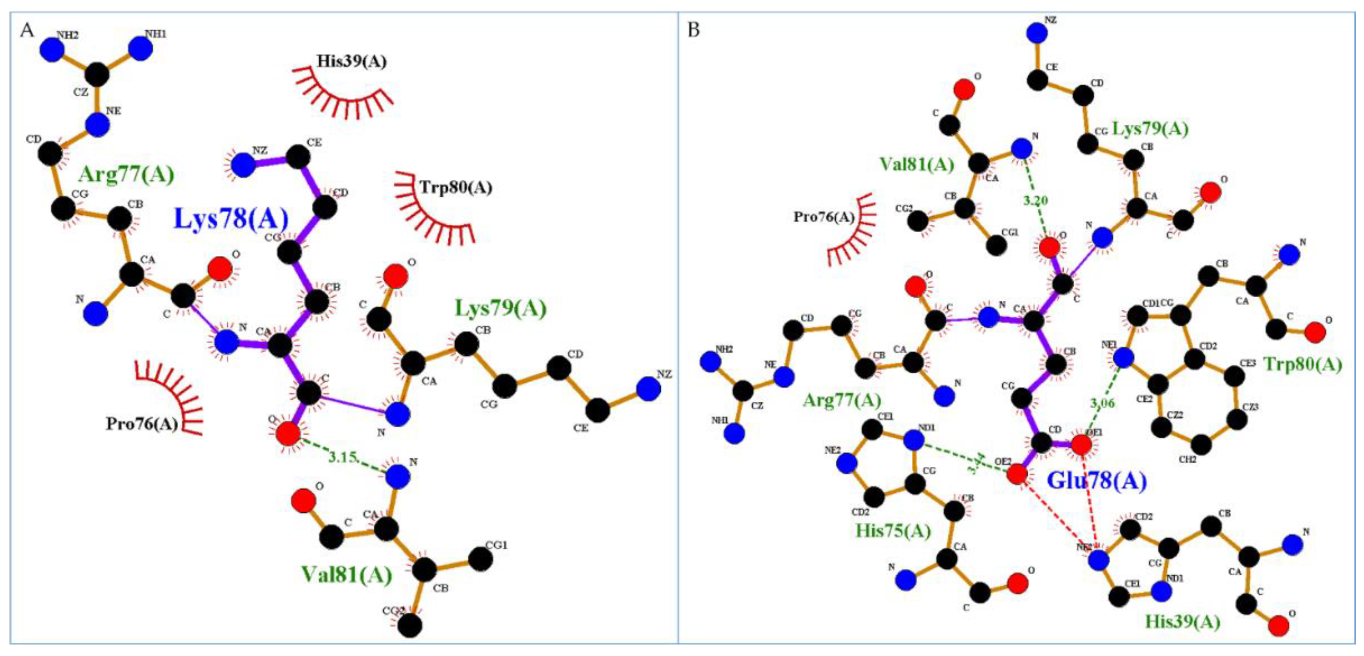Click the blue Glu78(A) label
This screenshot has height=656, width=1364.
(x=1097, y=481)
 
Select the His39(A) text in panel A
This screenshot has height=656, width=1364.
(x=351, y=61)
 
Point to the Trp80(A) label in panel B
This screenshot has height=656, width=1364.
(x=1303, y=365)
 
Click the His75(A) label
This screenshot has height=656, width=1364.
(x=893, y=530)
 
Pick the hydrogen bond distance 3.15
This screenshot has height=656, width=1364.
(x=342, y=457)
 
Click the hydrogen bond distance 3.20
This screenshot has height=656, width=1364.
(x=1035, y=201)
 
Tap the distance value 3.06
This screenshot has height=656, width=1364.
(x=1103, y=404)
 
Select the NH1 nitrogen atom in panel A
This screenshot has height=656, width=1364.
(x=141, y=49)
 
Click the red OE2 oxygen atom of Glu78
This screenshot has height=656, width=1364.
(x=1017, y=474)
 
